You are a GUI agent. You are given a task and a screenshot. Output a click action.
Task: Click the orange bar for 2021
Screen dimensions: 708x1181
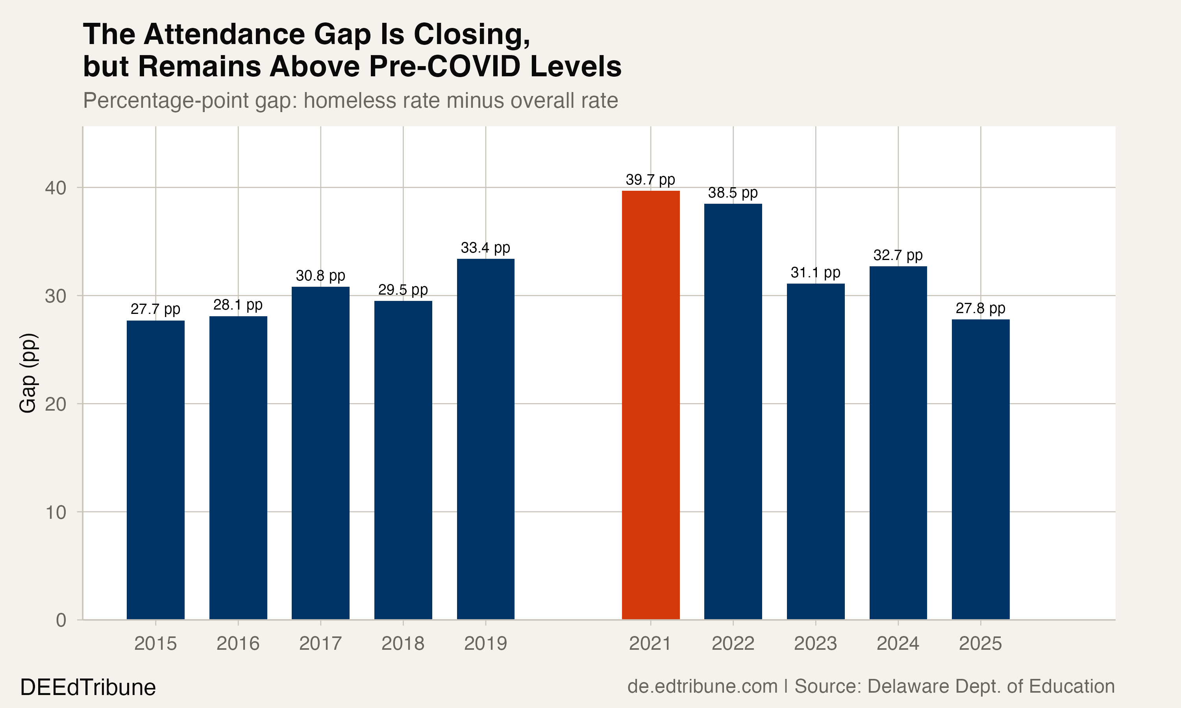coord(650,405)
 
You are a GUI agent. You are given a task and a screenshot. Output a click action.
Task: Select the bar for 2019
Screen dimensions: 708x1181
coord(485,439)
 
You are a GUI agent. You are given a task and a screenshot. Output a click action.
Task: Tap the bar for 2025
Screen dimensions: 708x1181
coord(981,470)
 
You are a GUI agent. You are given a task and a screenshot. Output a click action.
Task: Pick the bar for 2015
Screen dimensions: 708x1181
coord(155,470)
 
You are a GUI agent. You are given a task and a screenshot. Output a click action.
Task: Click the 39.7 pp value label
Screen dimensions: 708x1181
coord(650,180)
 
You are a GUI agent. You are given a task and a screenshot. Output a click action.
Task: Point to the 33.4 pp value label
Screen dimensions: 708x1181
coord(485,248)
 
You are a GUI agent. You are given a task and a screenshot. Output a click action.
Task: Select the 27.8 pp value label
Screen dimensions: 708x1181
coord(981,309)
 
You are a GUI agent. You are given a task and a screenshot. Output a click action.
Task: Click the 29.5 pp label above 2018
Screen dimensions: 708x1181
coord(403,290)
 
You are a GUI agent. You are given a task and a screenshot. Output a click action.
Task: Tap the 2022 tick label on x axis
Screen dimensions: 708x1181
coord(733,643)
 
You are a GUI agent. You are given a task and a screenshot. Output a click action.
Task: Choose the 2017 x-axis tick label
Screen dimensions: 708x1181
coord(320,643)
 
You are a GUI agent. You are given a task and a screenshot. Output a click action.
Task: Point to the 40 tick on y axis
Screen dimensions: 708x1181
coord(56,188)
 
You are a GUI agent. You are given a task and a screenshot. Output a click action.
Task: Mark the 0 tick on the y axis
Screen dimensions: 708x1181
coord(61,620)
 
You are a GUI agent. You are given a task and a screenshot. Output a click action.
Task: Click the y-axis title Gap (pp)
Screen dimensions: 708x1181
coord(28,372)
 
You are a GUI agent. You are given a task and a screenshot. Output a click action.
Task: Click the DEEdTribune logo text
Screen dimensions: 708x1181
coord(88,688)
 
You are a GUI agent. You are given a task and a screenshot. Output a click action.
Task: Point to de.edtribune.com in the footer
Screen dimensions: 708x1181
coord(702,686)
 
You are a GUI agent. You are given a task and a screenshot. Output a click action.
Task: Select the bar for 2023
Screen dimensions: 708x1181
coord(815,451)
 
